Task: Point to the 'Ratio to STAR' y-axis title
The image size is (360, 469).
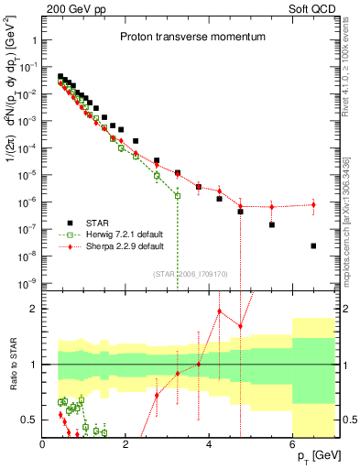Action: point(12,365)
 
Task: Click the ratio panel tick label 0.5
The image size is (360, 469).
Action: point(29,420)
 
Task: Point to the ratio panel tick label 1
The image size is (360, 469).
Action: point(33,365)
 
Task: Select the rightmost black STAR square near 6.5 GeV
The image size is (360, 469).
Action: point(313,245)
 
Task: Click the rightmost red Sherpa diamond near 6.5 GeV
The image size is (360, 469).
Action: point(313,204)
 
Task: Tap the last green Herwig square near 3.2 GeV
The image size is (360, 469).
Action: point(178,196)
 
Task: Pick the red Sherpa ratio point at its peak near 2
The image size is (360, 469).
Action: point(220,311)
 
